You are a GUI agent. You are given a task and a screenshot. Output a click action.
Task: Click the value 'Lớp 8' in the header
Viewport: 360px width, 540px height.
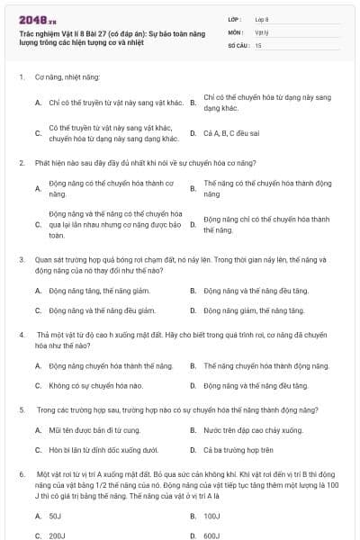(262, 19)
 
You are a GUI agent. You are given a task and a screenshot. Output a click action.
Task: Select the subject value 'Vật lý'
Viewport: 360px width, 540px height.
(261, 31)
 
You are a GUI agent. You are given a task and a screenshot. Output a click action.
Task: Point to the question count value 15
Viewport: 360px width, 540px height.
(258, 44)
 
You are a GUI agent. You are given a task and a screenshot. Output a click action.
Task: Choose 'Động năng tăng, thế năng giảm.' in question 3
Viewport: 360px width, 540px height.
(91, 291)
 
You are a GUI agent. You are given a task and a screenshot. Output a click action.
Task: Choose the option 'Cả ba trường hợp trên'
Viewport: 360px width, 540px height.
(238, 449)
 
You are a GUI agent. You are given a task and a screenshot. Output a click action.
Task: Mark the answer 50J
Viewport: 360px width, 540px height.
(55, 516)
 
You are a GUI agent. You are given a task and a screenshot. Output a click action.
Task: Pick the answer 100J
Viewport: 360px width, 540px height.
(211, 516)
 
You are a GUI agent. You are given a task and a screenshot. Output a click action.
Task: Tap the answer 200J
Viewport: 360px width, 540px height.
(57, 535)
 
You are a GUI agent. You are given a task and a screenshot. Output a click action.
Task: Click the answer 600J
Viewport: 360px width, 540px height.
(212, 535)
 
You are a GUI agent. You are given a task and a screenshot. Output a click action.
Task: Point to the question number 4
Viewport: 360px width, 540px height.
(22, 334)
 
